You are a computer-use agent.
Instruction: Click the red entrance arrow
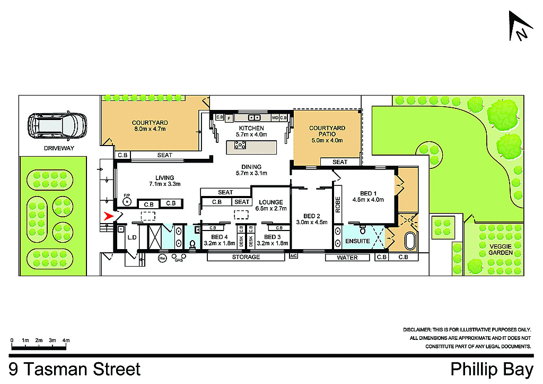(110, 216)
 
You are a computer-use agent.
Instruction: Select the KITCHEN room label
(251, 129)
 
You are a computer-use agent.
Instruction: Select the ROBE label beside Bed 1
(338, 204)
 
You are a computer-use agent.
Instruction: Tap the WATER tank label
(347, 258)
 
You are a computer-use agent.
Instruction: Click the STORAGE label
(246, 258)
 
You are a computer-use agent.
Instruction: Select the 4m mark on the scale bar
(66, 340)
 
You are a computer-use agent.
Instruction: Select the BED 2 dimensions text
(311, 223)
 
